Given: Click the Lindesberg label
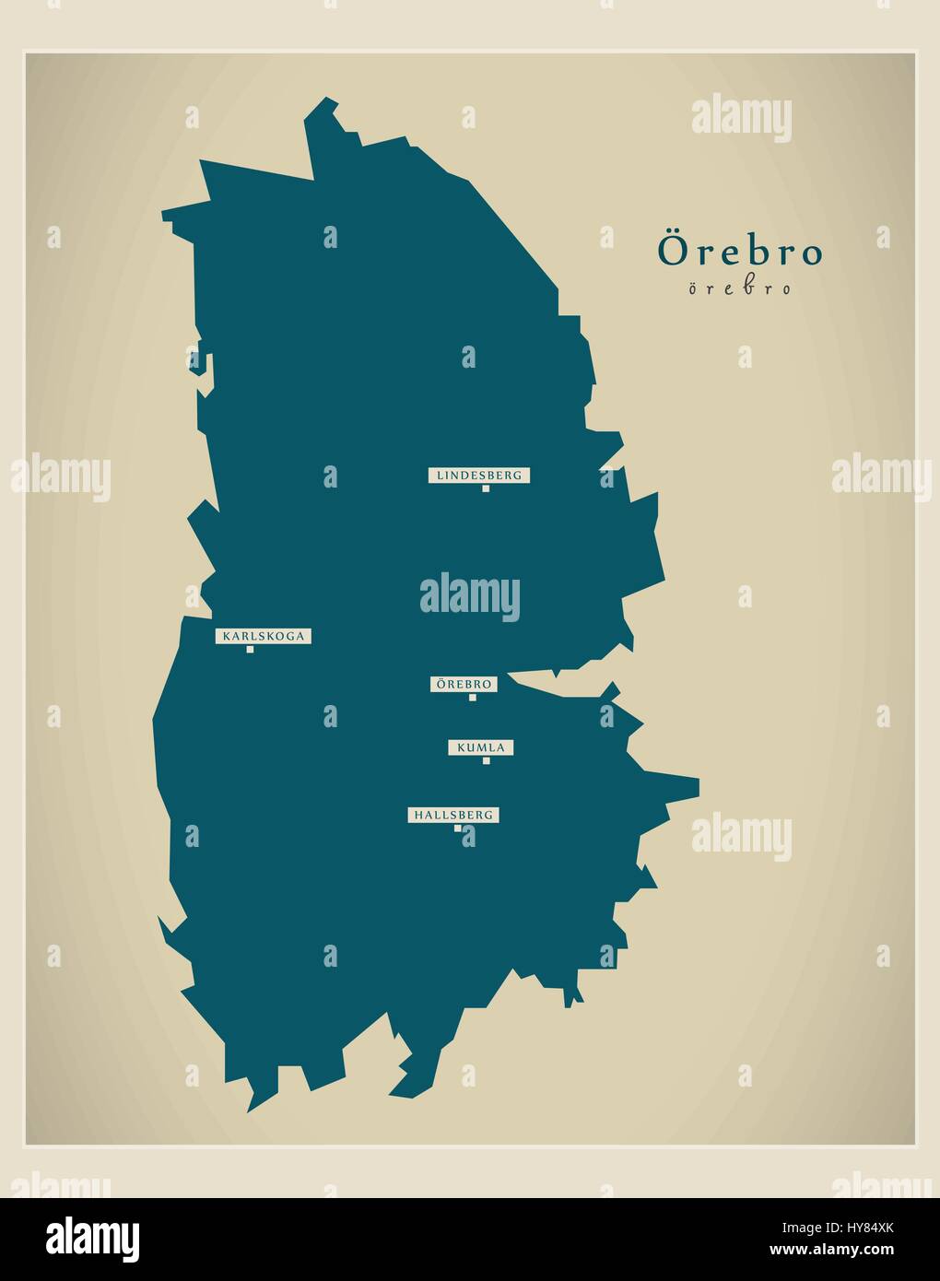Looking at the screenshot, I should pos(479,476).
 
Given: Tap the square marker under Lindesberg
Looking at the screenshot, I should pos(486,488).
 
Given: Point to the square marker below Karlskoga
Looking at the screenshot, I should pos(250,650).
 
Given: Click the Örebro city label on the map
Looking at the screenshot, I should pos(464,685).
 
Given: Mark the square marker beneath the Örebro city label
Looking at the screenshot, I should pos(473,698).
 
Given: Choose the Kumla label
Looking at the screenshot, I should pos(481,747).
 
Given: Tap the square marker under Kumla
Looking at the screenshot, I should pos(486,760).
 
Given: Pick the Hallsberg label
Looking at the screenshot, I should pos(453,815).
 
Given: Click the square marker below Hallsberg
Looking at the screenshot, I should pos(457,828).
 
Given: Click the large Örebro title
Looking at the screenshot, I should pos(739,252).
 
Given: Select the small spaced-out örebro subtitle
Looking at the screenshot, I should pos(739,288).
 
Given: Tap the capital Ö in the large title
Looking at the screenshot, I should pos(670,250).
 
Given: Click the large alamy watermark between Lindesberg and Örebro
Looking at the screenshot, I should pos(470,595).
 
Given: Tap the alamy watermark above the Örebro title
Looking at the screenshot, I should pos(741,120).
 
